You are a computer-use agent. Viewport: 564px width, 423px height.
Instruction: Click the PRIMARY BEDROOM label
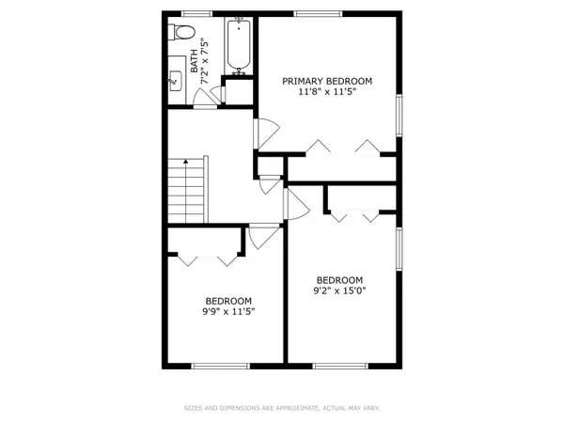(327, 82)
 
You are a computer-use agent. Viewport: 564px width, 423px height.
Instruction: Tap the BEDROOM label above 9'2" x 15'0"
(339, 280)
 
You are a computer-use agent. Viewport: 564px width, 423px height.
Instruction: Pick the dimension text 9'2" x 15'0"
(339, 292)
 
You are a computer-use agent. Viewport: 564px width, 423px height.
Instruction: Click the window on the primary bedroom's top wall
(309, 12)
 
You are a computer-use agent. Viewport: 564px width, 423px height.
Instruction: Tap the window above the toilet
(196, 12)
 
